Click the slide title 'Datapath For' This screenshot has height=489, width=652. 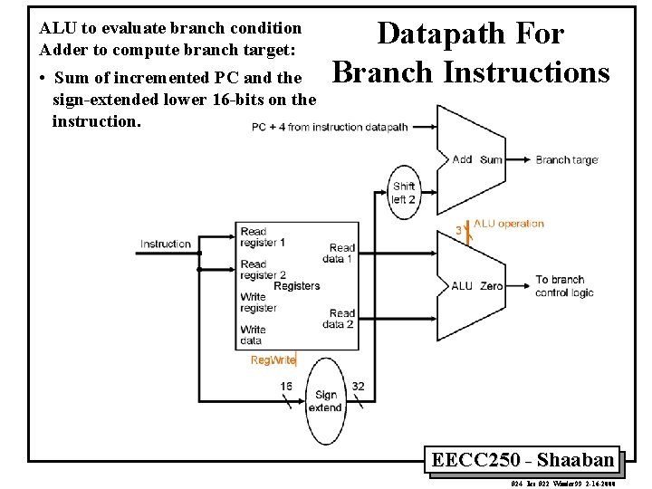click(x=470, y=34)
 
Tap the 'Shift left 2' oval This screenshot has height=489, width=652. click(x=404, y=193)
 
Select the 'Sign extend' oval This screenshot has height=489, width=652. click(x=325, y=400)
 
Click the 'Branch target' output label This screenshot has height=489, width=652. click(x=566, y=160)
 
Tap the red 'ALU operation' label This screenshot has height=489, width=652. click(x=508, y=224)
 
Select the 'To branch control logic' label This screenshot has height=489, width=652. click(x=565, y=286)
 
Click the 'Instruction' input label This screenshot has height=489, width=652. click(x=166, y=244)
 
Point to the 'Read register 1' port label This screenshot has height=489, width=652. click(x=263, y=237)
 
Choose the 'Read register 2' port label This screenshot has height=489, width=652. click(x=263, y=270)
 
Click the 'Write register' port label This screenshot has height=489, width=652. click(x=258, y=302)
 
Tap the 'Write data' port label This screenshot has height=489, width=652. click(x=253, y=335)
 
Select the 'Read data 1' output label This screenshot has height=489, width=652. click(x=340, y=253)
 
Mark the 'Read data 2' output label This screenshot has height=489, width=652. click(x=341, y=319)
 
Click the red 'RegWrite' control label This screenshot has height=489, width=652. click(x=273, y=360)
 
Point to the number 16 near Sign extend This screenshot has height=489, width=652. click(x=286, y=386)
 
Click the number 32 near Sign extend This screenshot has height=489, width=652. click(x=359, y=386)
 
